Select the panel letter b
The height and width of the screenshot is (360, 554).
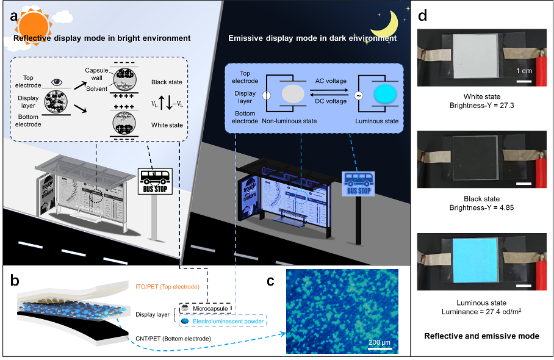coord(14,283)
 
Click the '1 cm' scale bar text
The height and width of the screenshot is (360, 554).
coord(525,71)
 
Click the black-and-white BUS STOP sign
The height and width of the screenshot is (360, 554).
coord(155,181)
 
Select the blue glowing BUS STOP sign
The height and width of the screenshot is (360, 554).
coord(359,182)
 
